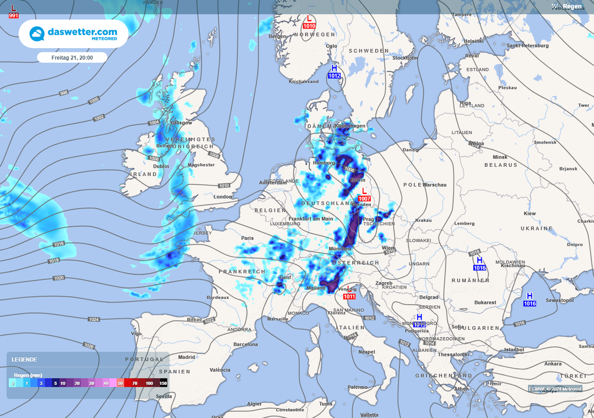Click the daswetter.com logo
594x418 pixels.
coord(73,34)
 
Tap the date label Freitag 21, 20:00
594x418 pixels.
coord(72,57)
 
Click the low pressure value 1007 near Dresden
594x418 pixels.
coord(364,199)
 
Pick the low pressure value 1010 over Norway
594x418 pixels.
coord(309,26)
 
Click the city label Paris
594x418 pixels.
coord(248,238)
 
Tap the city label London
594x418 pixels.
coord(223,197)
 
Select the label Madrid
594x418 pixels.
coord(187,357)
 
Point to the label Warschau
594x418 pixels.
coord(435,185)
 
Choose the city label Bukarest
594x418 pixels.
coord(485,302)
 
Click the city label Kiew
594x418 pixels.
coord(530,214)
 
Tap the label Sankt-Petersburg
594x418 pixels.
coord(527,45)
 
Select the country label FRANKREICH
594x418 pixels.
coord(242,272)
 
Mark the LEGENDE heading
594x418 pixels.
coord(24,360)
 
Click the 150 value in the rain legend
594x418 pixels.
coord(164,383)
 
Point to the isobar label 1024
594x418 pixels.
coord(94,319)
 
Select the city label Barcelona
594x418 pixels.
coord(245,344)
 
